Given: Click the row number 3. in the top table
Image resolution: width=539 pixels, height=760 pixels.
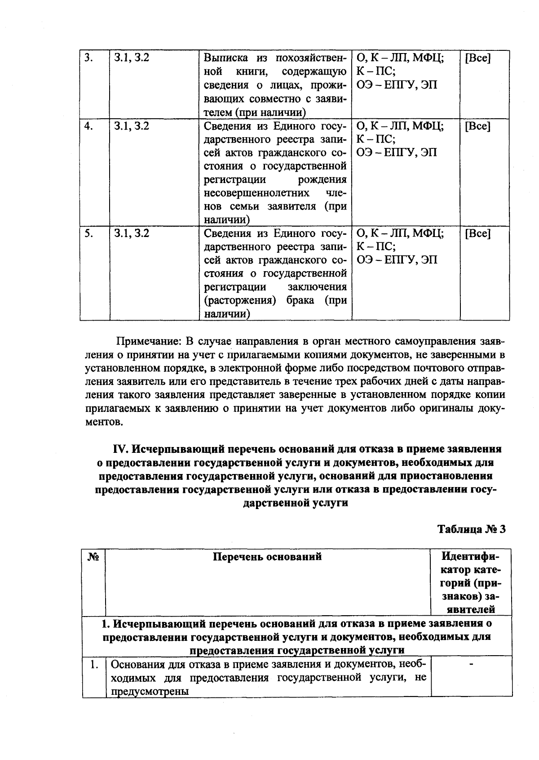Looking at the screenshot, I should [88, 58].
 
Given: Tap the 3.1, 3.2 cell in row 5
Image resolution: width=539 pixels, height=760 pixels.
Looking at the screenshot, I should [131, 233].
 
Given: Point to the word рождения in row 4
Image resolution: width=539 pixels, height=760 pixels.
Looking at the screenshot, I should [322, 179].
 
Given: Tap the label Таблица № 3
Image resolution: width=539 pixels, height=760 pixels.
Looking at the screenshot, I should [471, 529].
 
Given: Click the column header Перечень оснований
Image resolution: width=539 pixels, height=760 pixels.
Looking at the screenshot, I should [267, 557].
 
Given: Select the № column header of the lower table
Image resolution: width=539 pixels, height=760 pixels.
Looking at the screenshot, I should [93, 557].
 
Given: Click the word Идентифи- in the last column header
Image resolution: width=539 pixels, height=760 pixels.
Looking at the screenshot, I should [470, 556].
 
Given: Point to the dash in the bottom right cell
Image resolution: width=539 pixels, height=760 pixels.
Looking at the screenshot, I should [472, 664].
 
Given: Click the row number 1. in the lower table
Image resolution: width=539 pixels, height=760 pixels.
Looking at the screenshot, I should [93, 664].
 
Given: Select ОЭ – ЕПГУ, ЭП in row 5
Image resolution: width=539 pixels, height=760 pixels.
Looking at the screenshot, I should [397, 260].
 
